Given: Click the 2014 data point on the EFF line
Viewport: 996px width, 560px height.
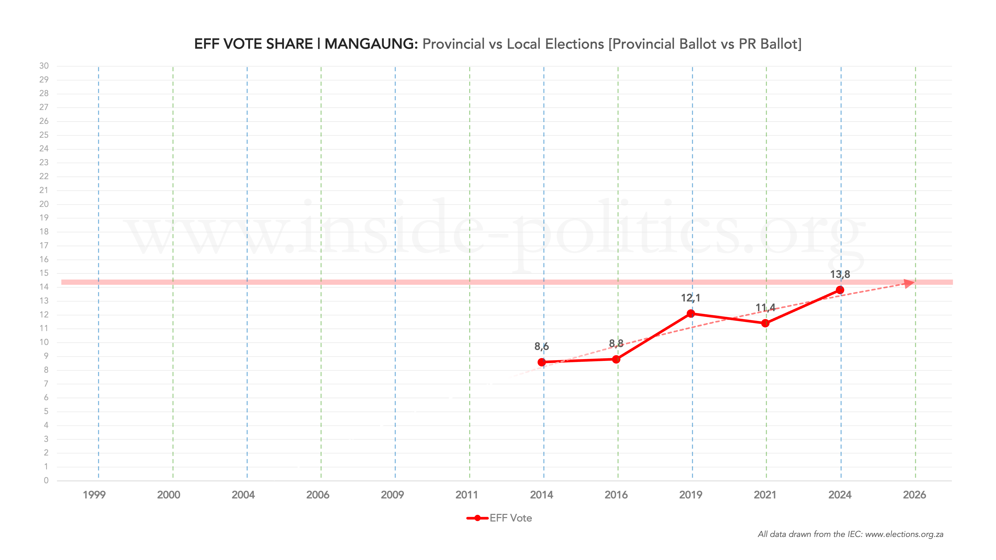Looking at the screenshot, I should (x=542, y=362).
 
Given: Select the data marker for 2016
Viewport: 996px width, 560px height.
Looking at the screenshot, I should (x=616, y=359).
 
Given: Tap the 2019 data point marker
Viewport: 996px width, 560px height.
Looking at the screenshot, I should (x=691, y=314).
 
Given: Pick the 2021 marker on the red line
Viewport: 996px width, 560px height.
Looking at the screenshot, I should (x=765, y=323).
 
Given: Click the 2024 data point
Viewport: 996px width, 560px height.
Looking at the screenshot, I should (x=840, y=290).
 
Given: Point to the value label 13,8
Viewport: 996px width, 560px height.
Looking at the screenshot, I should (x=840, y=274).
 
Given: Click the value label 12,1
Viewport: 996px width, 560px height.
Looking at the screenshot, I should (x=691, y=298).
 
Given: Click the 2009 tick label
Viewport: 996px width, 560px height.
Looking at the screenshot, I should (x=392, y=495).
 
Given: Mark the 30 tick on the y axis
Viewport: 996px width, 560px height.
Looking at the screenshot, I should (x=44, y=66).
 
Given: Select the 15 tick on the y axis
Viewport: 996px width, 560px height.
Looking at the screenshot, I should (x=44, y=273).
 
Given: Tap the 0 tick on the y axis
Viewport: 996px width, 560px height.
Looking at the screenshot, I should (x=46, y=480).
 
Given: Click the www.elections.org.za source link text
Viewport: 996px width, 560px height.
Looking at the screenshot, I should (x=904, y=534).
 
